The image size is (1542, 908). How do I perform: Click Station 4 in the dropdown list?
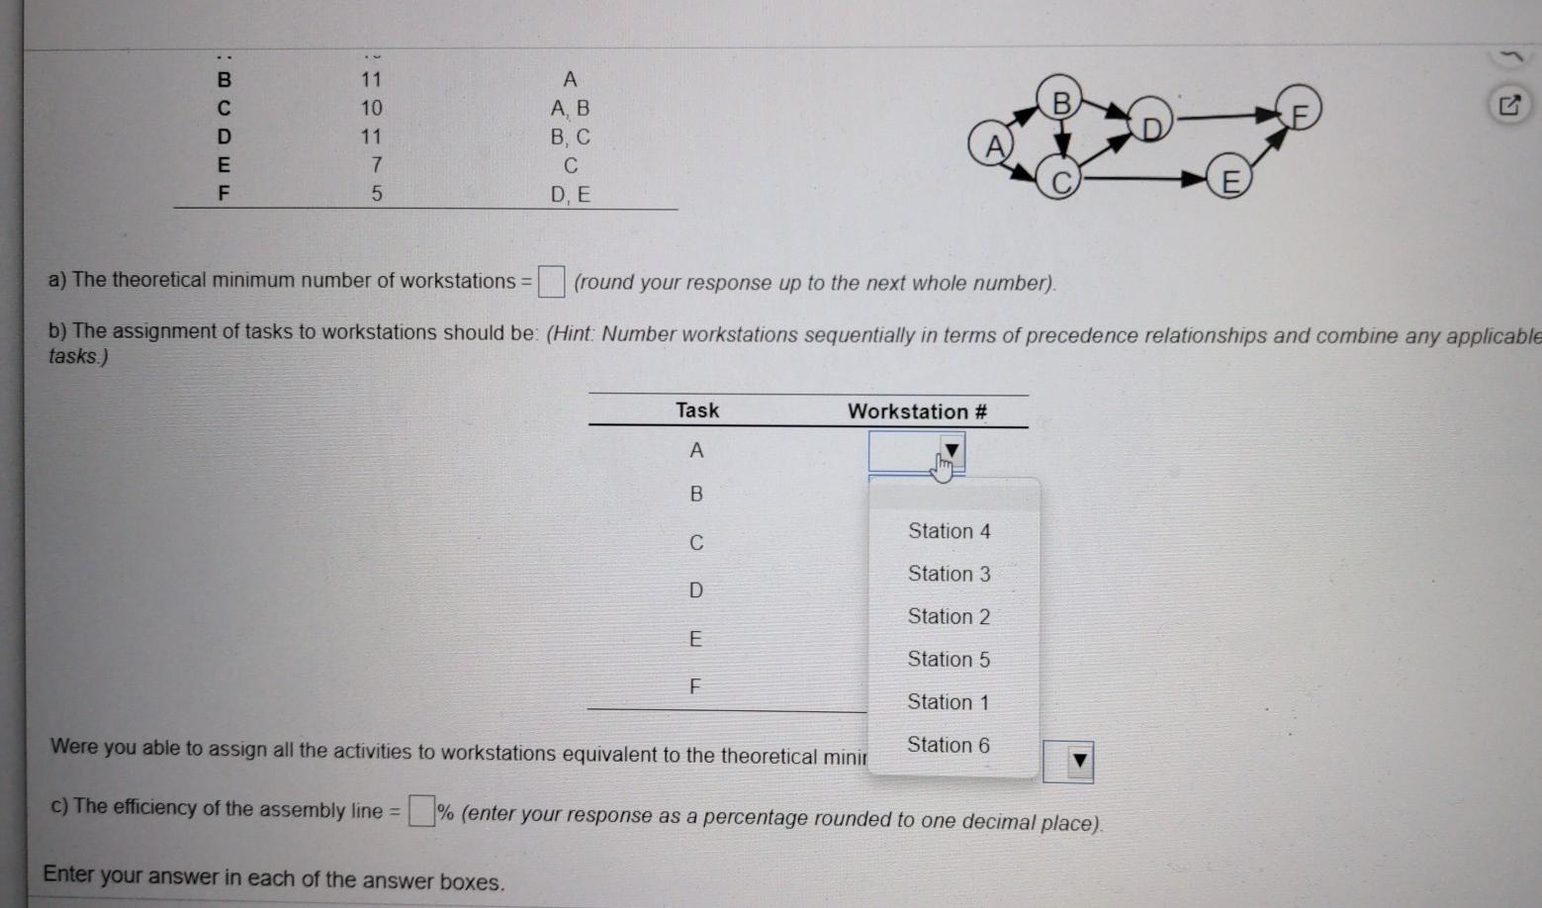(x=949, y=531)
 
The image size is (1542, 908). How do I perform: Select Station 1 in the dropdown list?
(x=948, y=702)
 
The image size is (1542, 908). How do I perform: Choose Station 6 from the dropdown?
(x=948, y=745)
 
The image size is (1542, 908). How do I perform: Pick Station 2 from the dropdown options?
(x=949, y=616)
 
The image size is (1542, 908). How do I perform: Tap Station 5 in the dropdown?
(x=949, y=659)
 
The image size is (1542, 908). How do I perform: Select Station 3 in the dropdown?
(x=949, y=574)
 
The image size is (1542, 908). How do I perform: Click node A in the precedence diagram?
(x=995, y=145)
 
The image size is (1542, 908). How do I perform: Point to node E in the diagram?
(x=1229, y=182)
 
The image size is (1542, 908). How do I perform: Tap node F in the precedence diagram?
(x=1299, y=111)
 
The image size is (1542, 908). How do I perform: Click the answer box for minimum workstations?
(x=551, y=282)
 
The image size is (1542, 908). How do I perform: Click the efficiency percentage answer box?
(x=421, y=811)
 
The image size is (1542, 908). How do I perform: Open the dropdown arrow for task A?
(x=951, y=452)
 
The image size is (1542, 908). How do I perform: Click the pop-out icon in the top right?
(x=1509, y=105)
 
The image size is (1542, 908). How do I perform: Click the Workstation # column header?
(x=917, y=411)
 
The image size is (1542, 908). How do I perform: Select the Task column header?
(x=697, y=410)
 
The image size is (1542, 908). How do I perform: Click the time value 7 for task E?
(x=375, y=165)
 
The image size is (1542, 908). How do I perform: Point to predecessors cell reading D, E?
(x=570, y=195)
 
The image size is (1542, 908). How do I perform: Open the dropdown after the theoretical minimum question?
(x=1078, y=761)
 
